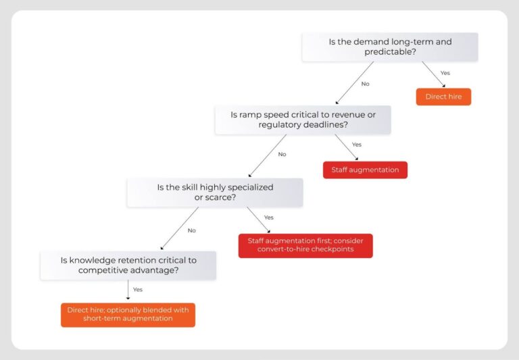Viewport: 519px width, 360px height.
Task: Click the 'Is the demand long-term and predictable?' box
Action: (389, 47)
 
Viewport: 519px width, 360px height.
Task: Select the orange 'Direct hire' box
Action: (443, 97)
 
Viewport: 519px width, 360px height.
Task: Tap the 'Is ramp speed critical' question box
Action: (302, 120)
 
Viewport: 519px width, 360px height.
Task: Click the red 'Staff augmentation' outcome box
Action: (365, 170)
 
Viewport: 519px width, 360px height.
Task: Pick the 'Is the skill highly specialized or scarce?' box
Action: (215, 192)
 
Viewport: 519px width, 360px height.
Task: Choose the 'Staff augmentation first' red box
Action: (305, 245)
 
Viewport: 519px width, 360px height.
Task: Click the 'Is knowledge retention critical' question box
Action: (128, 265)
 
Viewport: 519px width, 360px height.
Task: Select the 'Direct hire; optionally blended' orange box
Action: (128, 314)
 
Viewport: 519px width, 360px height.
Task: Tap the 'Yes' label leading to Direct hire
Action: (445, 73)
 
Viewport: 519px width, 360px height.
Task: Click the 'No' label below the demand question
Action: (366, 84)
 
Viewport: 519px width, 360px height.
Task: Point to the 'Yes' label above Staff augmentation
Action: (357, 145)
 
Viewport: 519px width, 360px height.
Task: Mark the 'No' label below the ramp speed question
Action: (282, 154)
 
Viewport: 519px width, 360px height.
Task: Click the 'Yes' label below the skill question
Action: (268, 217)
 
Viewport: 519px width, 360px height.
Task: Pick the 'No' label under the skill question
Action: (192, 230)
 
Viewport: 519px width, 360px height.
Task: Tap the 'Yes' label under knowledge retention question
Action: (138, 289)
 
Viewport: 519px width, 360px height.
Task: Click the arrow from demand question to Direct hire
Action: (433, 74)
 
